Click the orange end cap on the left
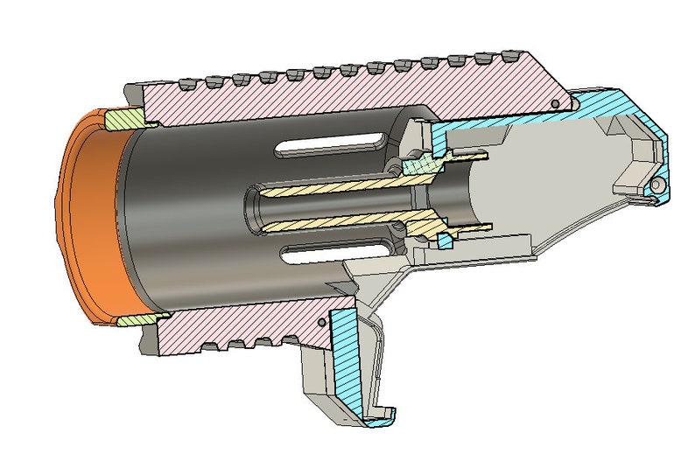point(88,219)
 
